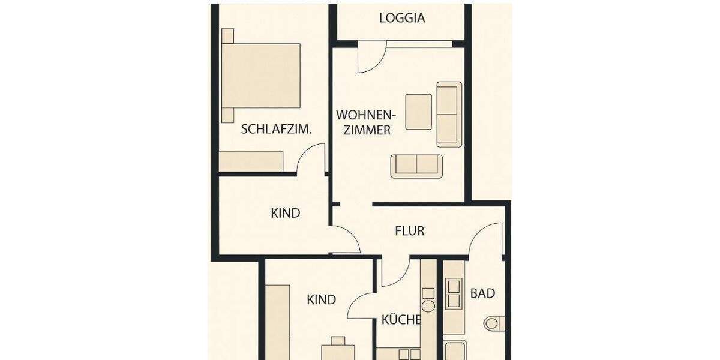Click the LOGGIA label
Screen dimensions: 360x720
pos(402,18)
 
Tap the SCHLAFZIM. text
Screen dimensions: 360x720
pos(276,128)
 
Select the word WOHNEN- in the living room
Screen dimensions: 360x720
pos(365,115)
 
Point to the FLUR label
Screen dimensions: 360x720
pos(410,230)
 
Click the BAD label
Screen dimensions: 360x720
pos(482,293)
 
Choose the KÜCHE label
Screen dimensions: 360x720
pos(401,320)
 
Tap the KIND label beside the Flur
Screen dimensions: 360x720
pos(286,213)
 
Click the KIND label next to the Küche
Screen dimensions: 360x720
pos(322,299)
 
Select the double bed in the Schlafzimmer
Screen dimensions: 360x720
pos(261,75)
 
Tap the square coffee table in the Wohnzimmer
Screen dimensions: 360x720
pos(418,112)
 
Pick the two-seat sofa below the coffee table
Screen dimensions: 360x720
pos(416,166)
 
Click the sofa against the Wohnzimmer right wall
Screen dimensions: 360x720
pos(449,114)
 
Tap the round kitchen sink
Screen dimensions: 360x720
pos(428,306)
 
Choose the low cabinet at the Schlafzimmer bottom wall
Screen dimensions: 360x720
pos(251,161)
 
